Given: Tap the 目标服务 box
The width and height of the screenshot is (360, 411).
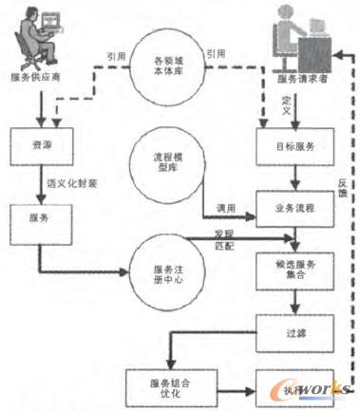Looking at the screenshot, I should [x=295, y=147].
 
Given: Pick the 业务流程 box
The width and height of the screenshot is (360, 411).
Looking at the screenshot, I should [x=295, y=209].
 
